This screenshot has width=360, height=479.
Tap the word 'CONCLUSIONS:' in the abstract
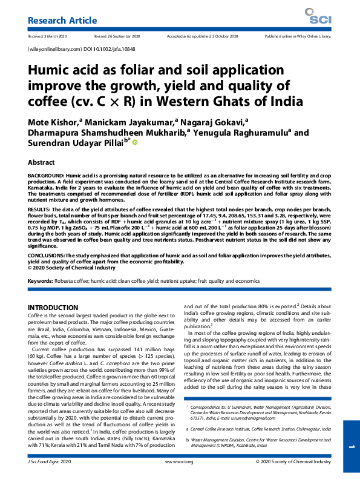pyautogui.click(x=48, y=255)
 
